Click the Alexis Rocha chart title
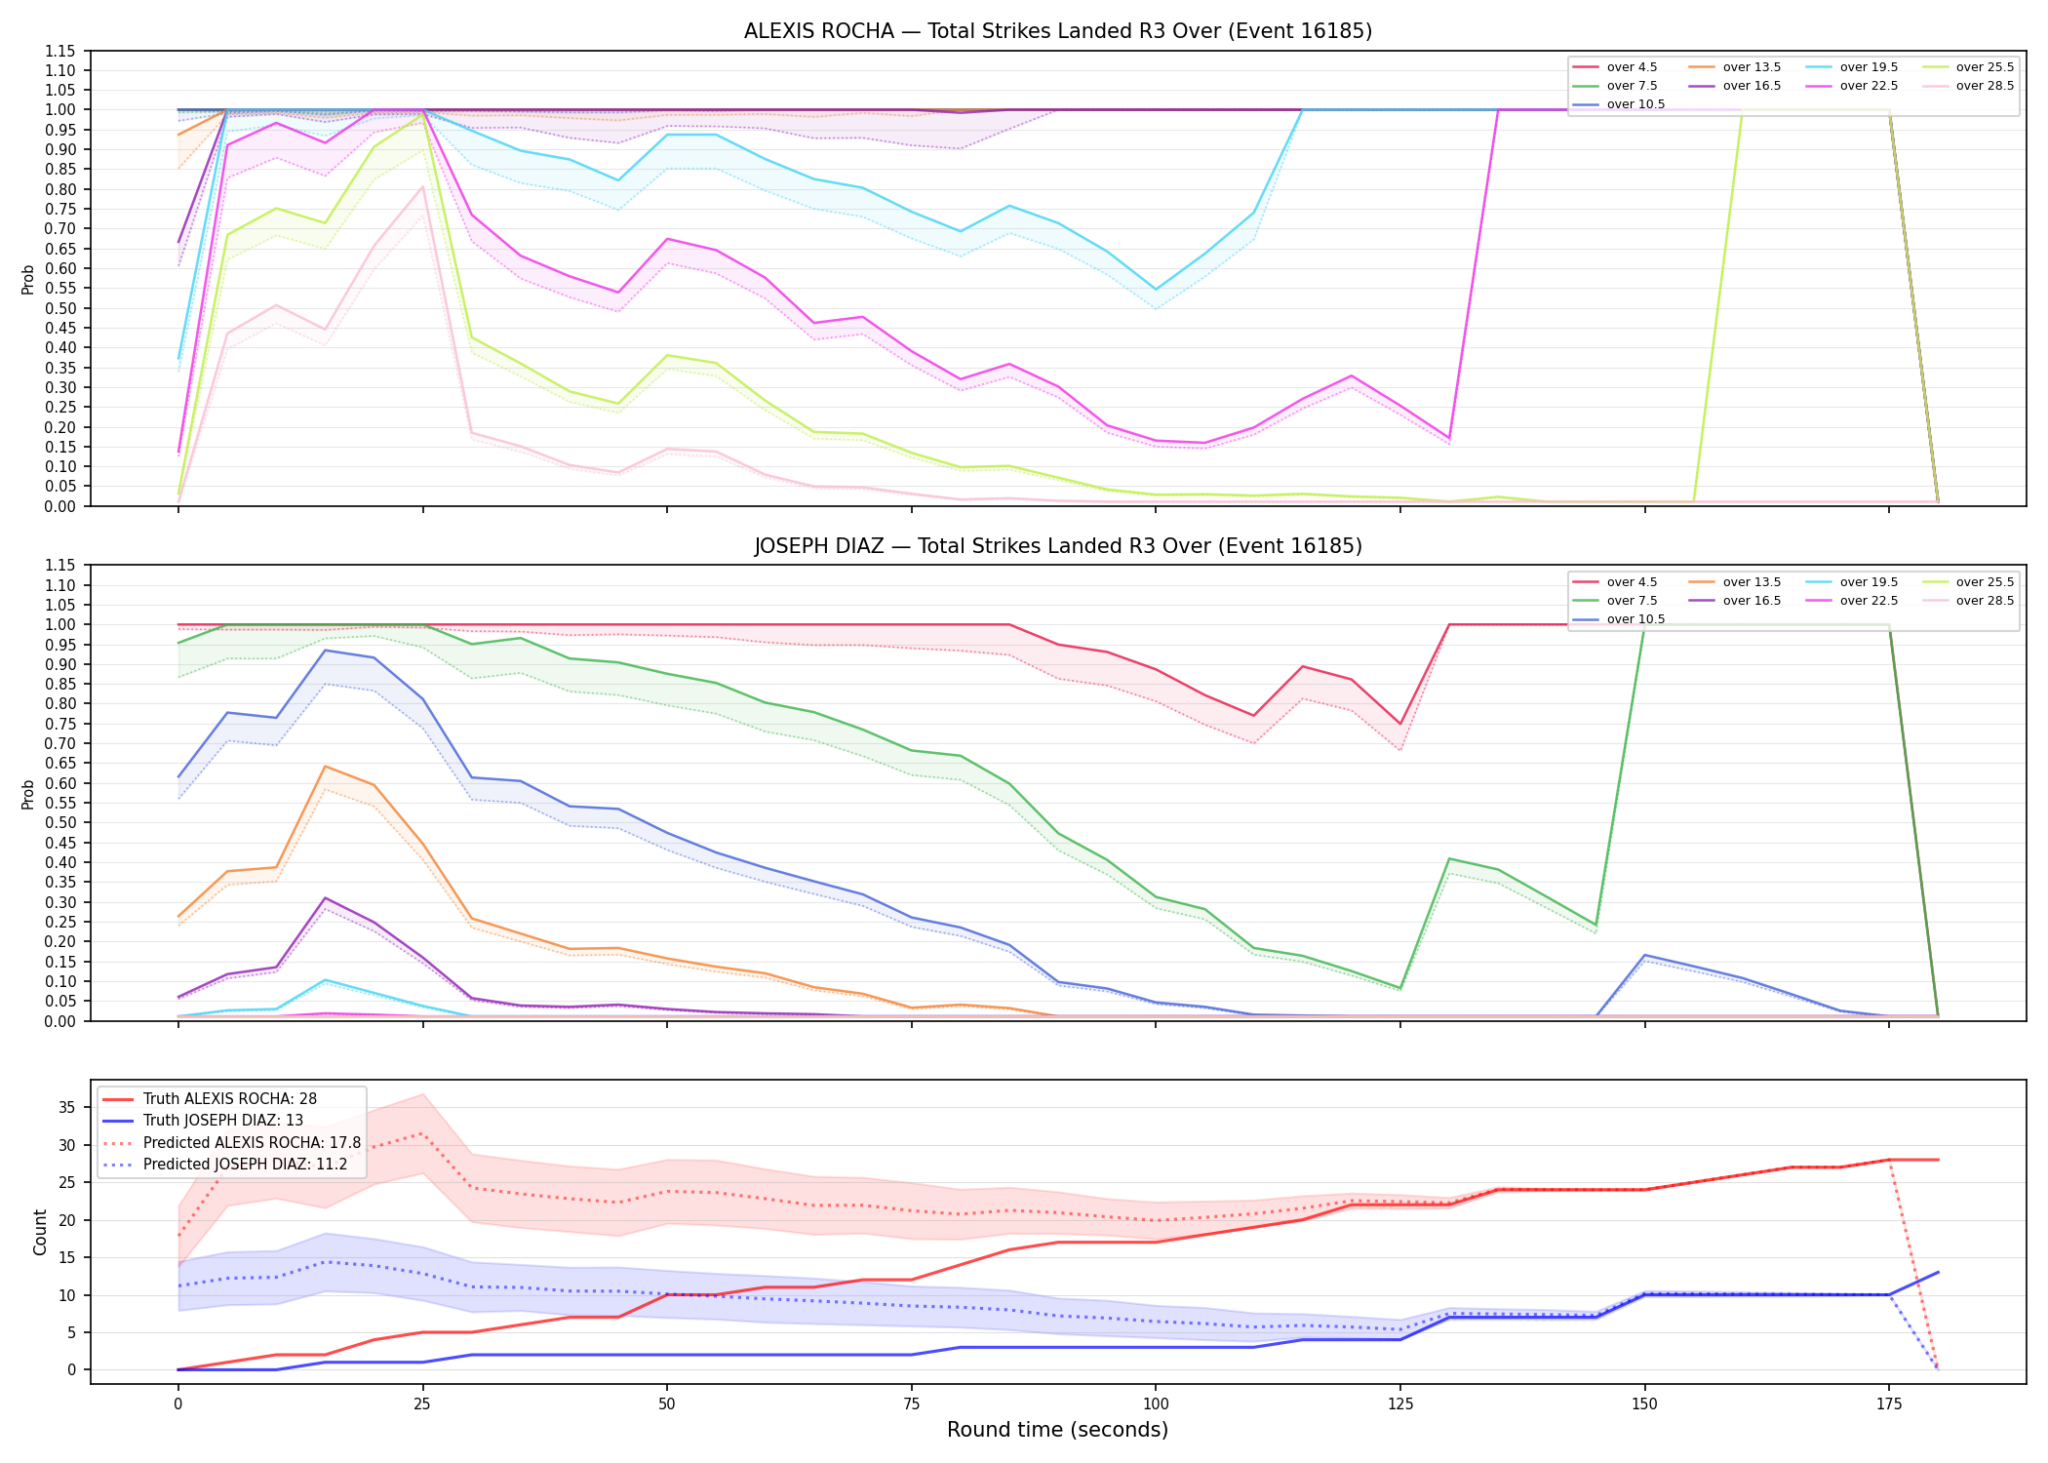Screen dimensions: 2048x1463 click(x=1058, y=31)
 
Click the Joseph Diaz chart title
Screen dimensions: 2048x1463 click(x=1058, y=546)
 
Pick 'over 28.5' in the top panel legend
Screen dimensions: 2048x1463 click(x=1985, y=86)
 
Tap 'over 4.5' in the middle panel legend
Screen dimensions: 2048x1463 click(x=1632, y=582)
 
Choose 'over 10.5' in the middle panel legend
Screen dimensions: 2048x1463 click(x=1635, y=619)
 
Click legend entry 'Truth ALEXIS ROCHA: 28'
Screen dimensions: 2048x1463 click(x=230, y=1099)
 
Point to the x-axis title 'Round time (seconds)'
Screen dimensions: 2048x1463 click(x=1058, y=1430)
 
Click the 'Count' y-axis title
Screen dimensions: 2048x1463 click(x=40, y=1232)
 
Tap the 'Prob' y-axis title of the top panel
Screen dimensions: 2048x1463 click(x=28, y=279)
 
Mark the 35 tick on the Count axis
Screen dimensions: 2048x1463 click(x=67, y=1107)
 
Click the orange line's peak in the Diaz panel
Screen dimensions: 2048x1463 click(x=325, y=767)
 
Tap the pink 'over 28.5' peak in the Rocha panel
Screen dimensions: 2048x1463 click(x=422, y=186)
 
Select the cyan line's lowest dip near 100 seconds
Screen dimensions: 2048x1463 click(x=1156, y=290)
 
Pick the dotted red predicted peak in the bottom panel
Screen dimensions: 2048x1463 click(x=422, y=1133)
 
